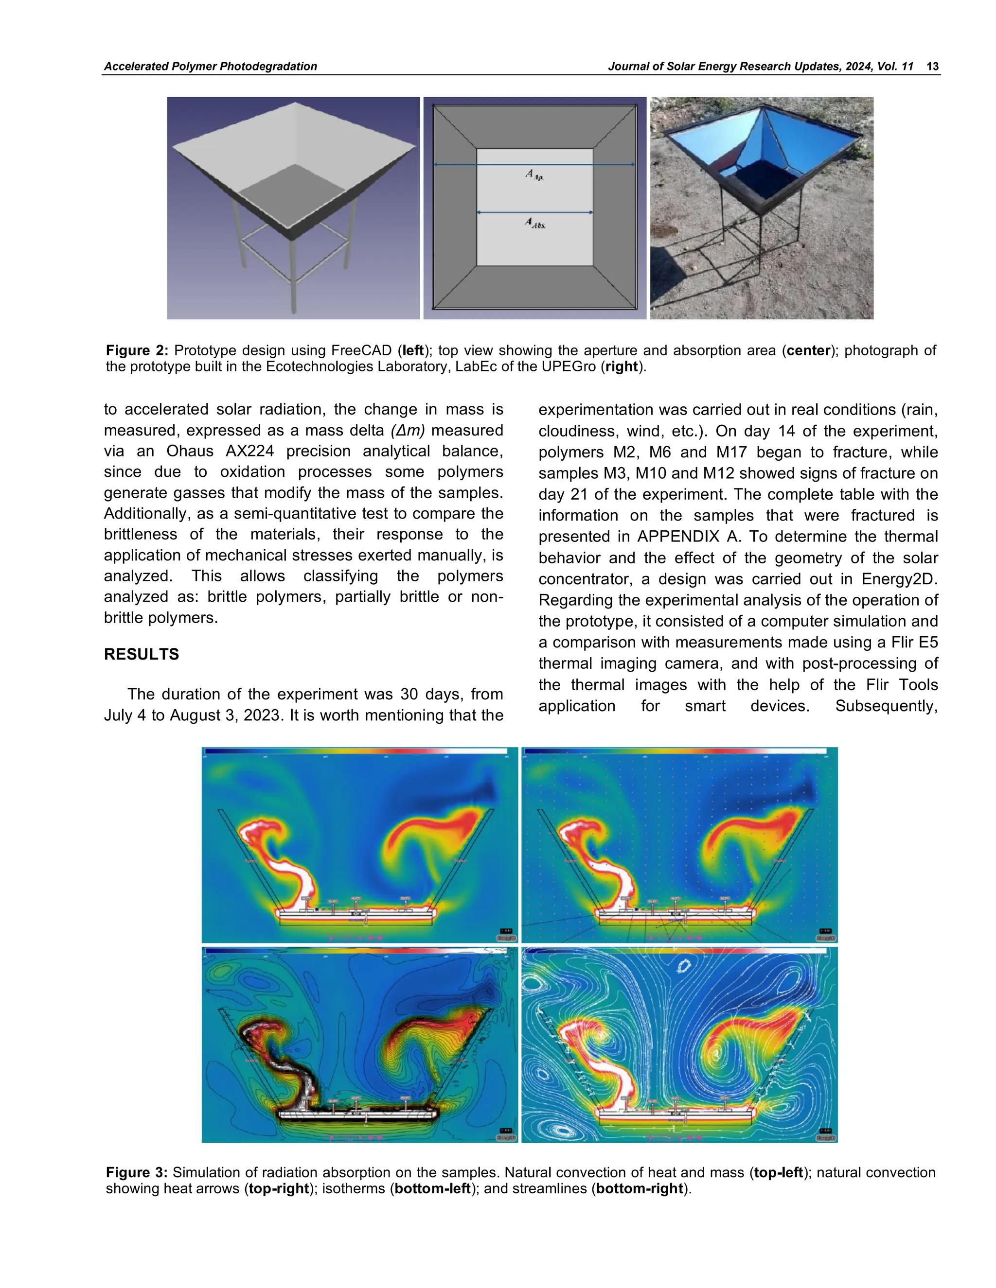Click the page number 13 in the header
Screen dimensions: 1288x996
(x=932, y=66)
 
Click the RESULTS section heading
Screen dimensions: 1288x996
(x=141, y=654)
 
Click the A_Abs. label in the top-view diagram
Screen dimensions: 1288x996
(x=535, y=224)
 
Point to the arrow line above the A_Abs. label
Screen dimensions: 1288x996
(x=534, y=212)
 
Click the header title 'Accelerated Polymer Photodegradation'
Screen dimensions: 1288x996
(x=210, y=66)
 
